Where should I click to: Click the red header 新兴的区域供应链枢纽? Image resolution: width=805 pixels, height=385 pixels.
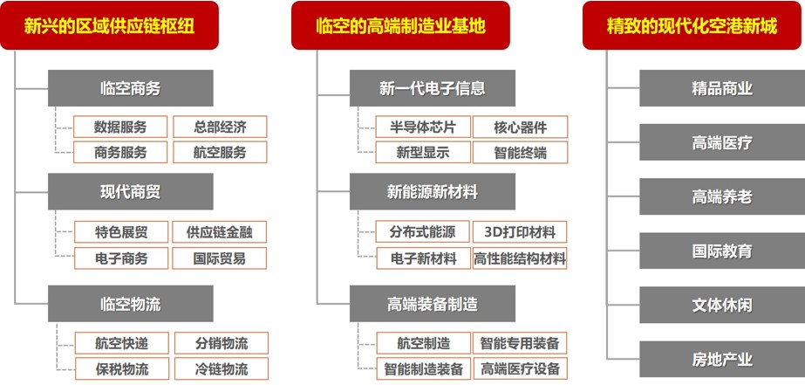point(109,25)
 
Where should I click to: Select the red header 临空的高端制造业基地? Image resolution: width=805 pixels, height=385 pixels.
point(400,25)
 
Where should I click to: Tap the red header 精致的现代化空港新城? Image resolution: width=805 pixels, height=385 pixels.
point(693,25)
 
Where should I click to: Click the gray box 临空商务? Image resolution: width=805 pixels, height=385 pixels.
point(131,88)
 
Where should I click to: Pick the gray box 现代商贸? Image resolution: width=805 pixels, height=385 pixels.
point(131,192)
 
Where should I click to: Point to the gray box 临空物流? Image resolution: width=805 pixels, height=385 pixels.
point(131,304)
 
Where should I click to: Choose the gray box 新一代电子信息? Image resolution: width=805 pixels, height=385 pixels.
point(433,88)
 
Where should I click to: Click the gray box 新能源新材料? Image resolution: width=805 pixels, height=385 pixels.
point(433,192)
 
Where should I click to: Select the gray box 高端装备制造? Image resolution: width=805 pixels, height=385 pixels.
point(433,304)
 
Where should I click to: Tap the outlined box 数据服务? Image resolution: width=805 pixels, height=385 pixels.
point(120,127)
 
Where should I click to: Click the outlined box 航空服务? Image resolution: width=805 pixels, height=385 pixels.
point(220,152)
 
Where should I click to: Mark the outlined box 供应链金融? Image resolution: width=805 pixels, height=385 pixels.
point(219,232)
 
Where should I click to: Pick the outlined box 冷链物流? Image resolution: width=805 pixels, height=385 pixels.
point(222,368)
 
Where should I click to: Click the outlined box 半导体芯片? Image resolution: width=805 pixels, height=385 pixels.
point(423,127)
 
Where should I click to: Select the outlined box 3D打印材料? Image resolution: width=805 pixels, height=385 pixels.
point(520,232)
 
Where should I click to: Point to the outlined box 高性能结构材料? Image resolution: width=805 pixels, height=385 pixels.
point(520,258)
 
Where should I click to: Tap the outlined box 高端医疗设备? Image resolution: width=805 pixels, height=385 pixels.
point(520,368)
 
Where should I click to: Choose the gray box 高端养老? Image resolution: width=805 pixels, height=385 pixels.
point(722,196)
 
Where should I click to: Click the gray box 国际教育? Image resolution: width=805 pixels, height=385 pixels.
point(722,251)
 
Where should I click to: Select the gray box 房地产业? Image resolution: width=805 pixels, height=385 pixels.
point(722,359)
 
